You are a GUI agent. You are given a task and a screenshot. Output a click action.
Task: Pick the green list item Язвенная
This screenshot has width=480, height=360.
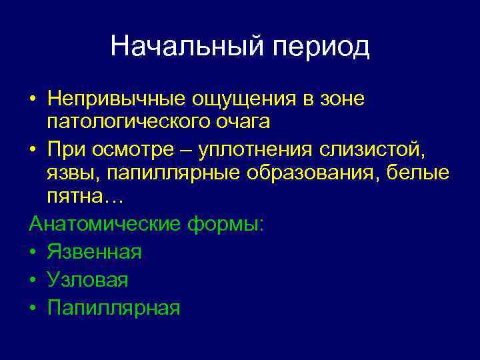tap(94, 253)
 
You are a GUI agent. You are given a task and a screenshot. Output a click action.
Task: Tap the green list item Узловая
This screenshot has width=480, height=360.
tap(87, 280)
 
